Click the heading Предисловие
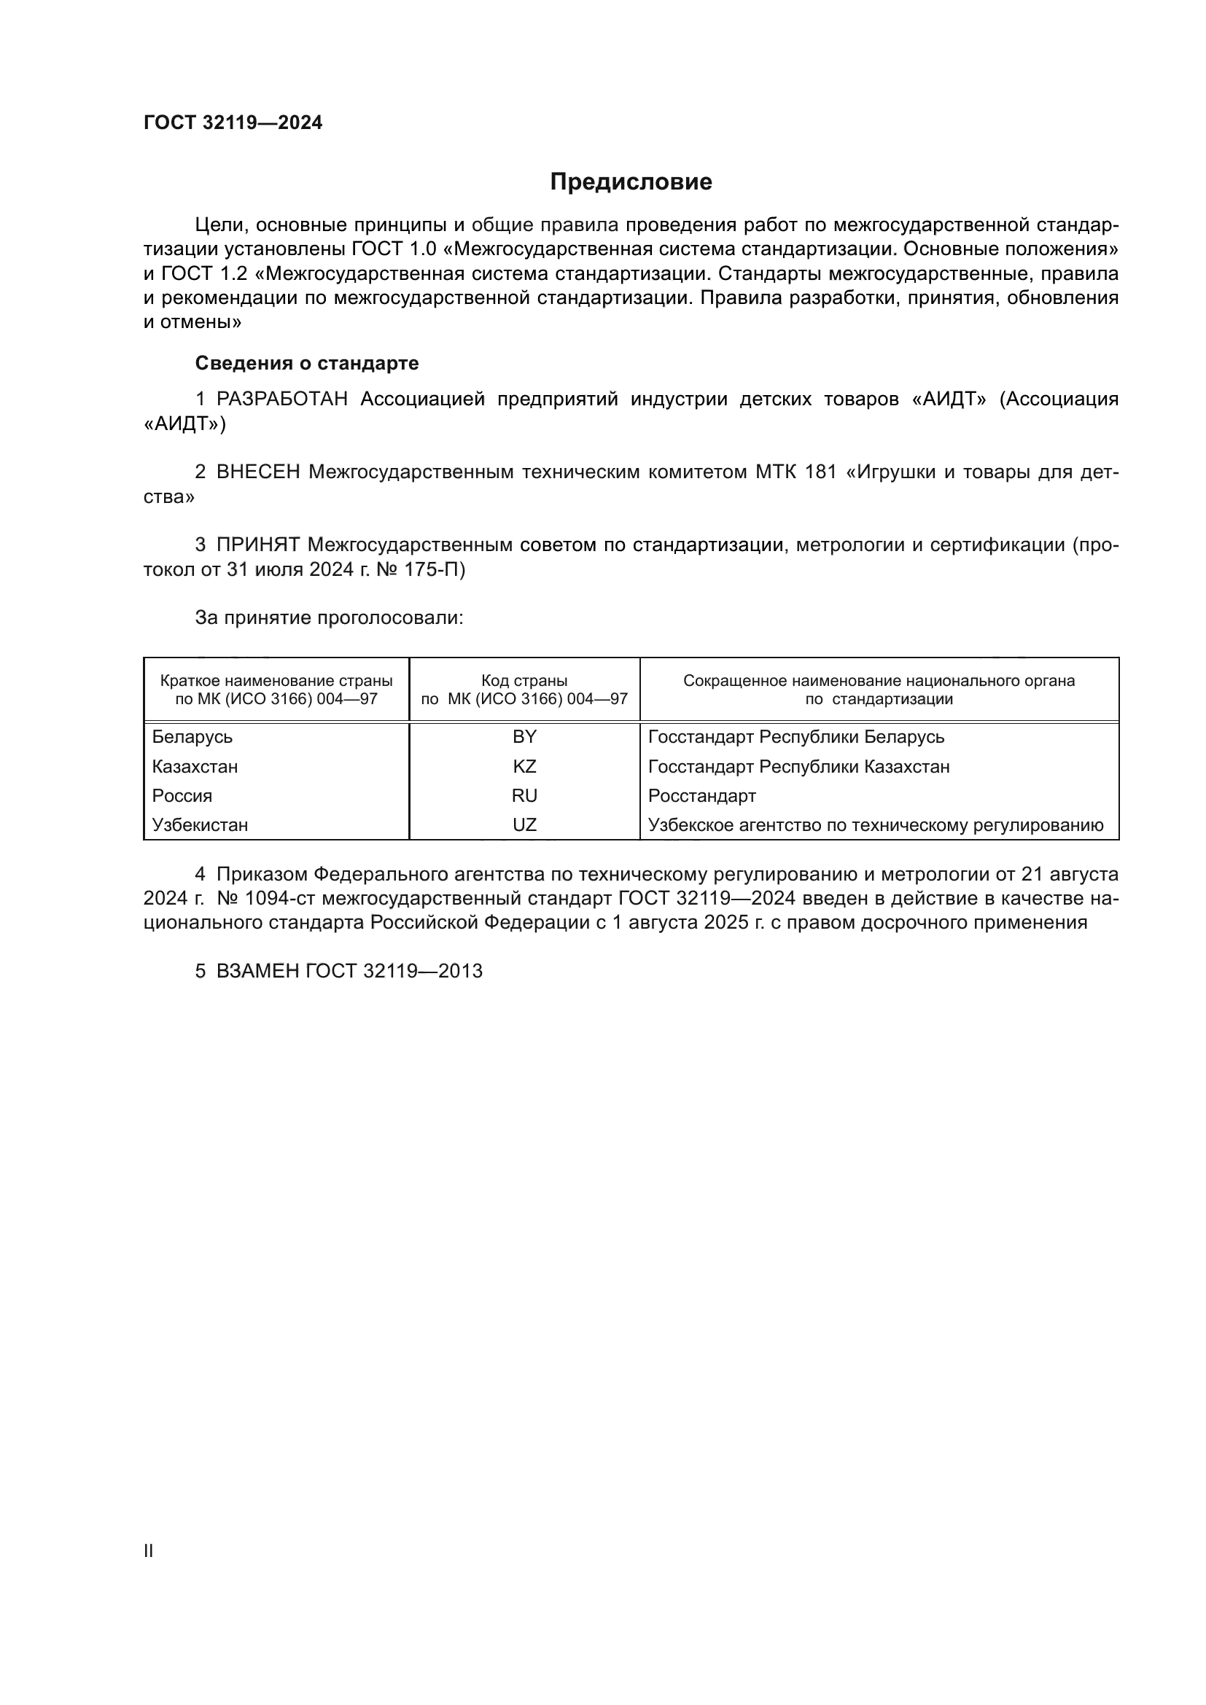(631, 182)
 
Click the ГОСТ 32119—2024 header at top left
(233, 123)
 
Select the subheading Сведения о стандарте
(307, 363)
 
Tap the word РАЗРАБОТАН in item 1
(282, 399)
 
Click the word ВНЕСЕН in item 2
(257, 472)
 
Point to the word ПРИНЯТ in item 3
(257, 545)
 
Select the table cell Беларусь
(192, 737)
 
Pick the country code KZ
(524, 766)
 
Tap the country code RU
(524, 796)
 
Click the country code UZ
(524, 825)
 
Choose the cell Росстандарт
(701, 796)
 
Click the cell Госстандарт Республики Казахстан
(798, 766)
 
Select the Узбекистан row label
(200, 825)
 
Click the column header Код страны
(524, 681)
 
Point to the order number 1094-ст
(280, 899)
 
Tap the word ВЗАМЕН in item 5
(257, 971)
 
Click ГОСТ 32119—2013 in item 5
(394, 971)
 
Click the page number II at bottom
(149, 1551)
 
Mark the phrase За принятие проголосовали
(329, 618)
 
